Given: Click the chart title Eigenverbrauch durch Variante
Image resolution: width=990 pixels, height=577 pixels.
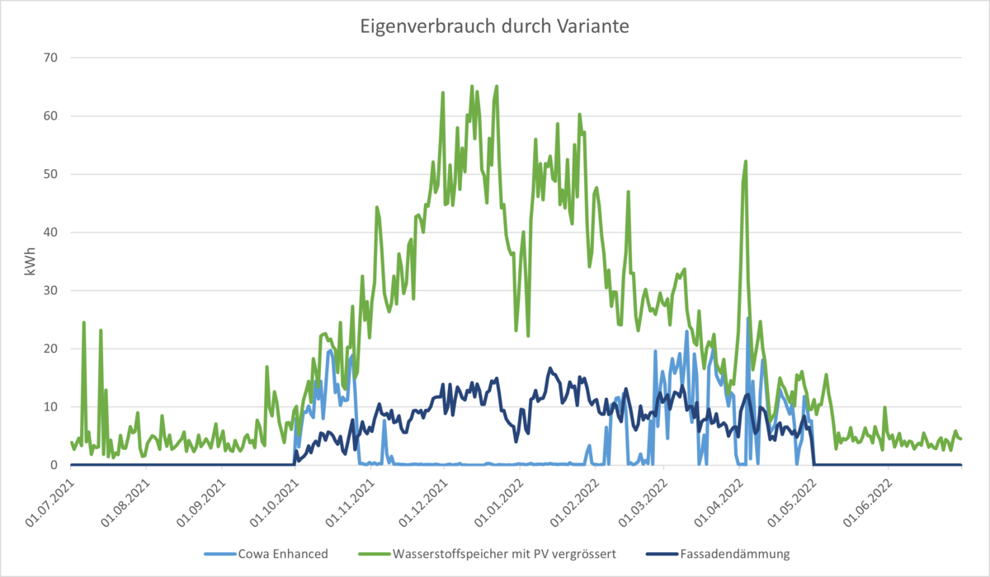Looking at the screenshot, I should coord(494,26).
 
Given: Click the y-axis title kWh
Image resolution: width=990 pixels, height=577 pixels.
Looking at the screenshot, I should coord(31,262).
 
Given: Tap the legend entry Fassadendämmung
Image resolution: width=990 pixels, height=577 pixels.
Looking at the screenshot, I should coord(726,554).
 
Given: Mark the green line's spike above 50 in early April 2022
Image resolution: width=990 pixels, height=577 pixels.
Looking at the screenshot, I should coord(746,162).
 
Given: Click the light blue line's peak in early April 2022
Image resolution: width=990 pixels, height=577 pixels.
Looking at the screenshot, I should coord(748,319).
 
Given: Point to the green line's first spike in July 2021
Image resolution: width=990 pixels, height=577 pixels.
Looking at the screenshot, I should coord(83,322).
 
